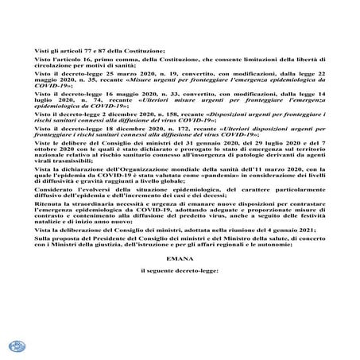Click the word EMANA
pyautogui.click(x=179, y=258)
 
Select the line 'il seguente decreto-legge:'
pyautogui.click(x=179, y=272)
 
